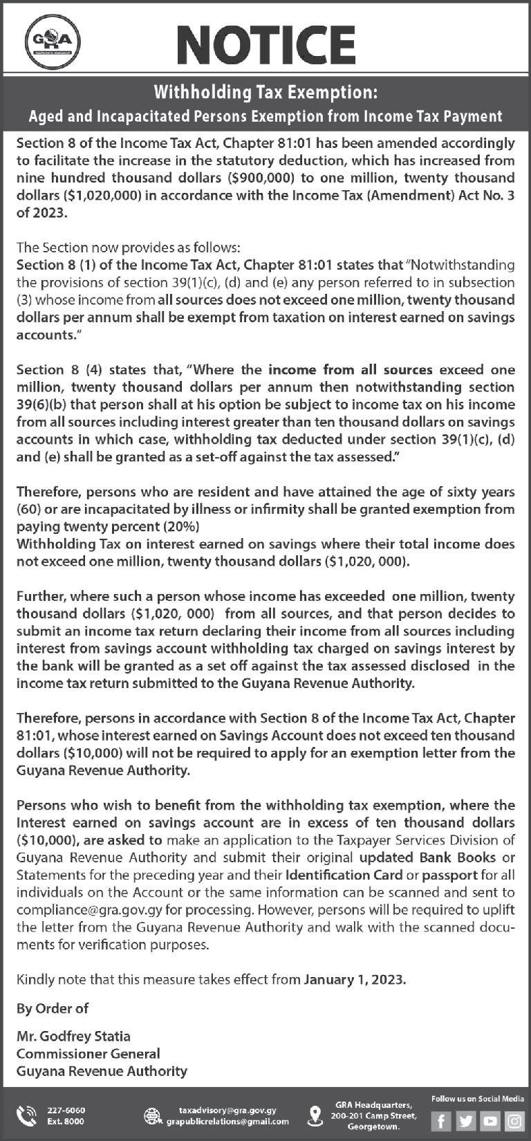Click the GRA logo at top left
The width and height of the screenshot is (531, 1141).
[x=52, y=42]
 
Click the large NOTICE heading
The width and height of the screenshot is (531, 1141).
[x=266, y=42]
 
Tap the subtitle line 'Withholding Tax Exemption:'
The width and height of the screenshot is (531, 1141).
[x=265, y=92]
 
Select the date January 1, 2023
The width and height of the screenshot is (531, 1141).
[x=355, y=979]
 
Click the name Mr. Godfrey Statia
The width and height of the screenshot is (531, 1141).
[x=73, y=1036]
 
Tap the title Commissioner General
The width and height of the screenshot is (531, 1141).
[x=88, y=1053]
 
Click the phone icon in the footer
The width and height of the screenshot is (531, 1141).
[x=27, y=1115]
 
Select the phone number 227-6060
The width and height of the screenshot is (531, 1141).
[x=66, y=1110]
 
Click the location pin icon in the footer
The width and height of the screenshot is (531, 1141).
[x=315, y=1115]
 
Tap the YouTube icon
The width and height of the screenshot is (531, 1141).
[x=490, y=1120]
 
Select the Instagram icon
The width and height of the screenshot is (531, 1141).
[x=513, y=1120]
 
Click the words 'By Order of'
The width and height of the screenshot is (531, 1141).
[x=52, y=1008]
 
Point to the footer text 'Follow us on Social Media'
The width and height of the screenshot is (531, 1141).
[x=477, y=1099]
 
